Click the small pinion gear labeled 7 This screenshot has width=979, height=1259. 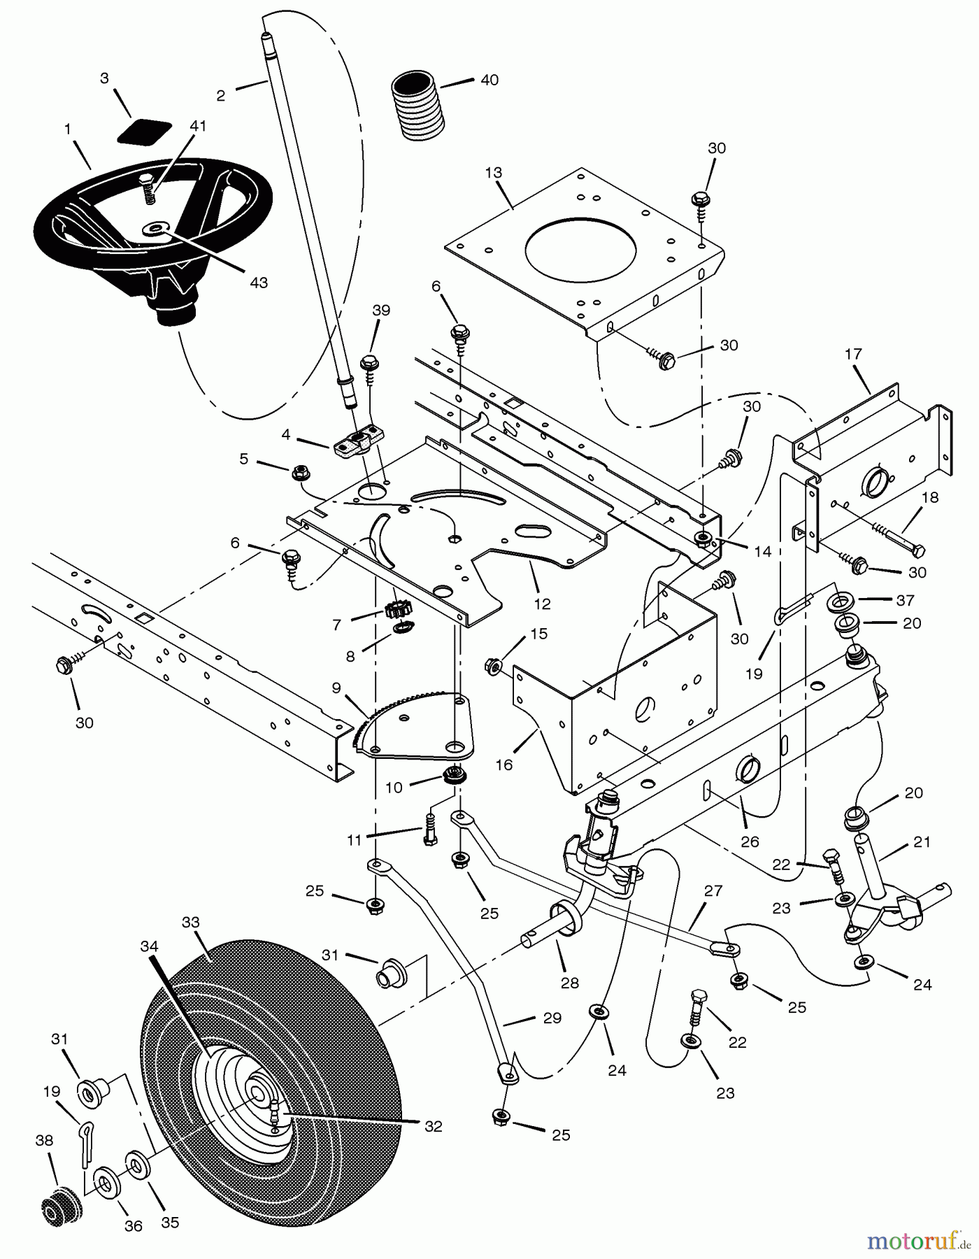coord(396,610)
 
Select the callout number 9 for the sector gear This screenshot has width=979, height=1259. coord(336,688)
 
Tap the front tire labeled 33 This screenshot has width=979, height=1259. coord(273,1077)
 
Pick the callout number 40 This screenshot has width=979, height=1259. coord(489,80)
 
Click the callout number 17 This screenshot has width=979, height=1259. coord(853,354)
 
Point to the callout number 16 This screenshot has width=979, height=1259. coord(503,764)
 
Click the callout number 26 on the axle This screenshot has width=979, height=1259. coord(750,841)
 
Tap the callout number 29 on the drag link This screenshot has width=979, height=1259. coord(552,1018)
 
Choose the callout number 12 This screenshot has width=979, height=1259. coord(542,604)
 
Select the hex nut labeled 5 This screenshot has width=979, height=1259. coord(300,474)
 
